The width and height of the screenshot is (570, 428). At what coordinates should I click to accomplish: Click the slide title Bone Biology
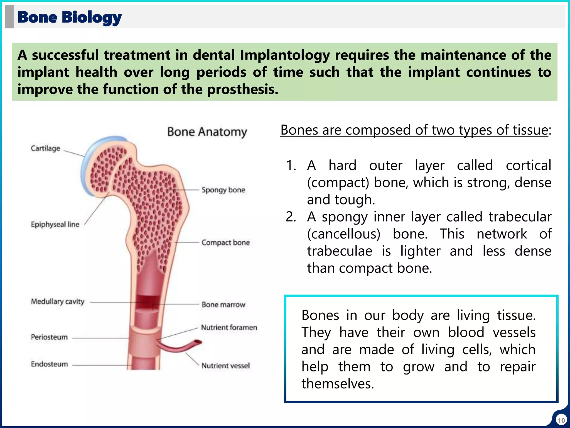(x=70, y=17)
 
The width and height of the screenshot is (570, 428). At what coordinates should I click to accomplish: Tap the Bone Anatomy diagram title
(x=207, y=132)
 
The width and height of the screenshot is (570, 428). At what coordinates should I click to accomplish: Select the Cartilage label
(x=45, y=148)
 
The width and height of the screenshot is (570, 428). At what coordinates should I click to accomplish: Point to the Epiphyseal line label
(x=55, y=224)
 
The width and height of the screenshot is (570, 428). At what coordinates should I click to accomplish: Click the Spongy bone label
(x=223, y=190)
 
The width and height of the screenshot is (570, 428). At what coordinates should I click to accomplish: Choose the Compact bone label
(x=225, y=242)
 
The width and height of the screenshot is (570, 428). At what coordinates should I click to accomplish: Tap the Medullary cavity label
(x=58, y=301)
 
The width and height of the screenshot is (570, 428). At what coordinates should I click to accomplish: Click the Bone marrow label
(x=223, y=305)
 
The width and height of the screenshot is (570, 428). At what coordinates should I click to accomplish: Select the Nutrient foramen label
(x=229, y=327)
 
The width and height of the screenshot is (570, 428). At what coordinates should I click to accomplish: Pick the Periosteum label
(x=49, y=337)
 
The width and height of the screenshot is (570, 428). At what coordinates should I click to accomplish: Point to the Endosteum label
(x=50, y=364)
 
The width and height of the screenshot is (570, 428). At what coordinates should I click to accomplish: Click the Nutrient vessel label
(x=226, y=366)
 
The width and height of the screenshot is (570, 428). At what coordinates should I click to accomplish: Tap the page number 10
(x=561, y=420)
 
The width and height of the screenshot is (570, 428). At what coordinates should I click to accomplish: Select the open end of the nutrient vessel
(x=198, y=342)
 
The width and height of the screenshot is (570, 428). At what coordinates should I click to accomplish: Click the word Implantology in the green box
(x=285, y=55)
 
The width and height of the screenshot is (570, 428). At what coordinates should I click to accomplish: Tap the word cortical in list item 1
(x=528, y=166)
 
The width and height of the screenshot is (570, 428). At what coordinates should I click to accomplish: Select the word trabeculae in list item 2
(x=340, y=251)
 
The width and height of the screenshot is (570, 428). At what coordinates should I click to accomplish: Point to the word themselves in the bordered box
(x=338, y=384)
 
